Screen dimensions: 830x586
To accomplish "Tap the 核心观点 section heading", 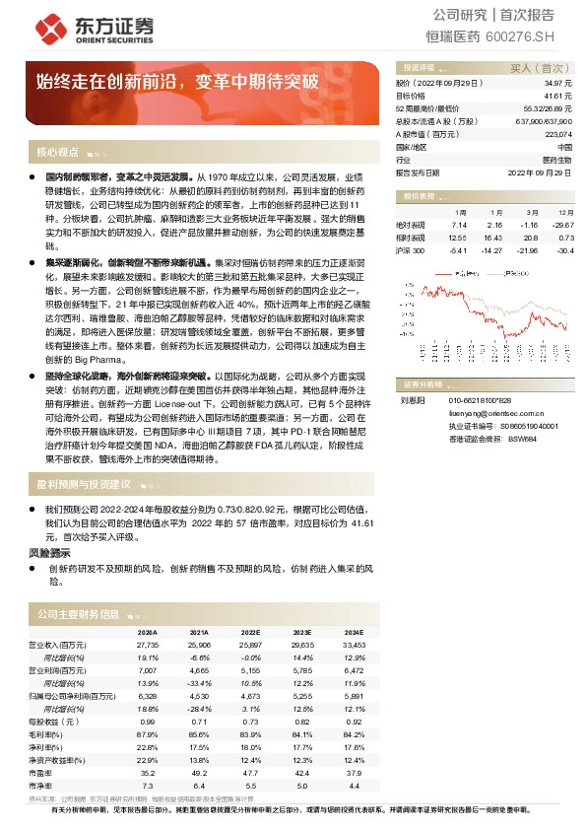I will pos(57,152).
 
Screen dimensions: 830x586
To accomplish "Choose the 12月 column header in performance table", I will pos(565,212).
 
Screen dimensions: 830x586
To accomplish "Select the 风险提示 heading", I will pos(47,554).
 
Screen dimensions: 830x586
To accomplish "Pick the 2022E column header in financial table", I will pos(250,631).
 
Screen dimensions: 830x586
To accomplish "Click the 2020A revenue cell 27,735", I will pos(148,643).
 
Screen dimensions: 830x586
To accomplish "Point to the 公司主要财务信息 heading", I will pos(78,613).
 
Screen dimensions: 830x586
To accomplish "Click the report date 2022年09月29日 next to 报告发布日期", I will pos(539,172).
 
